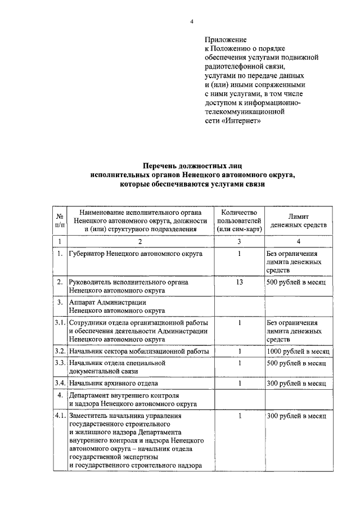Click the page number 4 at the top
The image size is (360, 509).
click(x=192, y=21)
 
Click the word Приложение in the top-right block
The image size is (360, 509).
click(x=226, y=39)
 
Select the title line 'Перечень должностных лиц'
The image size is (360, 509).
click(x=192, y=166)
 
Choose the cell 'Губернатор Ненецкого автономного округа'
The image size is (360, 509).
click(x=136, y=254)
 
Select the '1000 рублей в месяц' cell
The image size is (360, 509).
click(x=298, y=352)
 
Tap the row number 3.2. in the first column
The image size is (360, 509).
click(x=60, y=352)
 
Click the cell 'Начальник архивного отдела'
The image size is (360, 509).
click(x=112, y=384)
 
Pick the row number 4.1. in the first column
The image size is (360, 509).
click(x=60, y=416)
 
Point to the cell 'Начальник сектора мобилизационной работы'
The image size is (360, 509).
click(x=138, y=352)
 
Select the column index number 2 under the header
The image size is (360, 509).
click(x=140, y=241)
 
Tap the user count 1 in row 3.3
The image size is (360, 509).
click(x=239, y=363)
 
